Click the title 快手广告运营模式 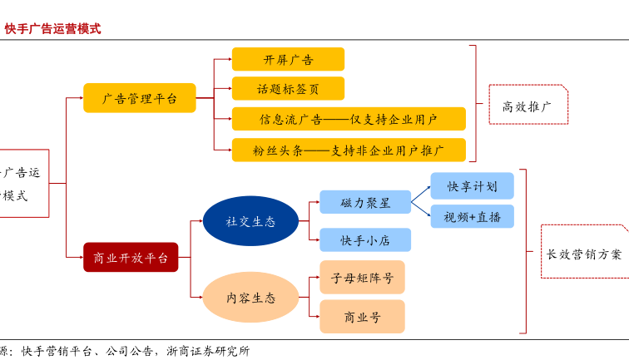(52, 28)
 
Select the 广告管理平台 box (139, 98)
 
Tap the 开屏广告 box (288, 59)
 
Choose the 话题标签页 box (288, 88)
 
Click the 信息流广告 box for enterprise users (348, 118)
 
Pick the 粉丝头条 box (348, 150)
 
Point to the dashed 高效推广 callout (528, 105)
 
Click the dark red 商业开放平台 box (131, 258)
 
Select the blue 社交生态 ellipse (250, 221)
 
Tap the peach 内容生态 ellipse (250, 297)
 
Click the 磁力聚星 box (364, 202)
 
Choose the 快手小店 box (364, 240)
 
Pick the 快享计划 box (472, 185)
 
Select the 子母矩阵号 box (362, 277)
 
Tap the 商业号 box (362, 316)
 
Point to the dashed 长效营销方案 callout (583, 254)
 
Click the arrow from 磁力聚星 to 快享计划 (421, 193)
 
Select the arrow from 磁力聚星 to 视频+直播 (421, 210)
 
